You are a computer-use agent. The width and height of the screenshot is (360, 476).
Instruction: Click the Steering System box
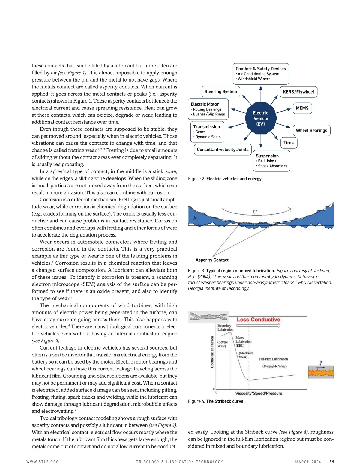220,92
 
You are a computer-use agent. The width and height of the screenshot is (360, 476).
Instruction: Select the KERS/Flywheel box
298,92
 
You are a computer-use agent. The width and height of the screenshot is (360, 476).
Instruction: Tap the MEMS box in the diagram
302,108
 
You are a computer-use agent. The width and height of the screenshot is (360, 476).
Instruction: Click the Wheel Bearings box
311,131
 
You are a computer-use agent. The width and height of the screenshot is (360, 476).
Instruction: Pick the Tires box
289,143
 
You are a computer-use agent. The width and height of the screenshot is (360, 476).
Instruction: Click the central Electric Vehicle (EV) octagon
261,118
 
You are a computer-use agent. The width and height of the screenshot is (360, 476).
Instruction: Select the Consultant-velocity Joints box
223,150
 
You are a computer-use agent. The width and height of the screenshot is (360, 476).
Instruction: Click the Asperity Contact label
212,260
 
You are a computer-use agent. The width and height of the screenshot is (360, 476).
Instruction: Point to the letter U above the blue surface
255,212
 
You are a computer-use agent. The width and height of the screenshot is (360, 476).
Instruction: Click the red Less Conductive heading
258,320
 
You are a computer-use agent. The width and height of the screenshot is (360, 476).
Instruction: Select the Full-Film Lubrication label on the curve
273,359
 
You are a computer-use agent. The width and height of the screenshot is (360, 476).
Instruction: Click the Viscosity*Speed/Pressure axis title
259,393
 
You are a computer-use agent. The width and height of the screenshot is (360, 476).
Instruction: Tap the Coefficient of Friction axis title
212,352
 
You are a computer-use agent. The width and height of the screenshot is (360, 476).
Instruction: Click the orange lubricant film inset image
321,372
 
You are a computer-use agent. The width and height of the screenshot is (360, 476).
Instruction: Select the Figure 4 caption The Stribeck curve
216,401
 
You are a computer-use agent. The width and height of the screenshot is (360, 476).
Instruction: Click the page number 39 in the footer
332,462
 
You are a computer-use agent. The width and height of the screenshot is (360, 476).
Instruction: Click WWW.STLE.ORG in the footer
43,462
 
